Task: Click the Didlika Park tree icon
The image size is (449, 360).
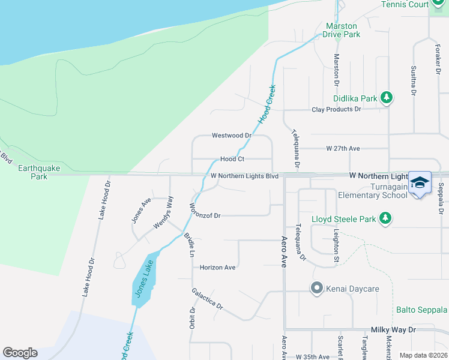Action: (x=387, y=98)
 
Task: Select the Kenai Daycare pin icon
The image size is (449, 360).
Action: (x=316, y=289)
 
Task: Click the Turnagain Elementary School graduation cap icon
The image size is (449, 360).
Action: (x=420, y=182)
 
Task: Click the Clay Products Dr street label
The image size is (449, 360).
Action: (x=336, y=109)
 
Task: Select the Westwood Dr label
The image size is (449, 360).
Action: (x=231, y=136)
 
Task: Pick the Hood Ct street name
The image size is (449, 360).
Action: (x=232, y=159)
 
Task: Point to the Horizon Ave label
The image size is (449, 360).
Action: (x=217, y=268)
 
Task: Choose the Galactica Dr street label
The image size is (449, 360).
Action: (x=208, y=298)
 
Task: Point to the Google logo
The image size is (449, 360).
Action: (x=20, y=353)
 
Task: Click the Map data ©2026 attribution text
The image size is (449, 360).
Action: (x=423, y=355)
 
